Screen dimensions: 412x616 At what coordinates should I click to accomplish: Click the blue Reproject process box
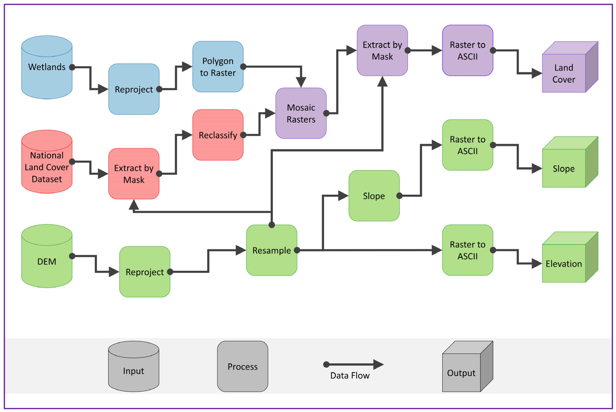[134, 89]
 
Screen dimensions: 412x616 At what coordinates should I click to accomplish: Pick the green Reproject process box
[145, 272]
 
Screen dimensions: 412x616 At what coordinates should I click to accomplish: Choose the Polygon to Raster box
[218, 67]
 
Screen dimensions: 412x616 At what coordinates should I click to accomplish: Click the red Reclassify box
[218, 135]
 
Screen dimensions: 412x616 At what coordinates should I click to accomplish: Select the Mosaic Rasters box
[301, 113]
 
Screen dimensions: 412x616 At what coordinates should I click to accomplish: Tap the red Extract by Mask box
[134, 174]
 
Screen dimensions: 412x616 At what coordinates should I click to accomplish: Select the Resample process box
[271, 250]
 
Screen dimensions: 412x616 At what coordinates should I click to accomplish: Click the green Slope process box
[374, 196]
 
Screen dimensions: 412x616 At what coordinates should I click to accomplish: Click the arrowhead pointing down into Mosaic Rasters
[301, 82]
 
